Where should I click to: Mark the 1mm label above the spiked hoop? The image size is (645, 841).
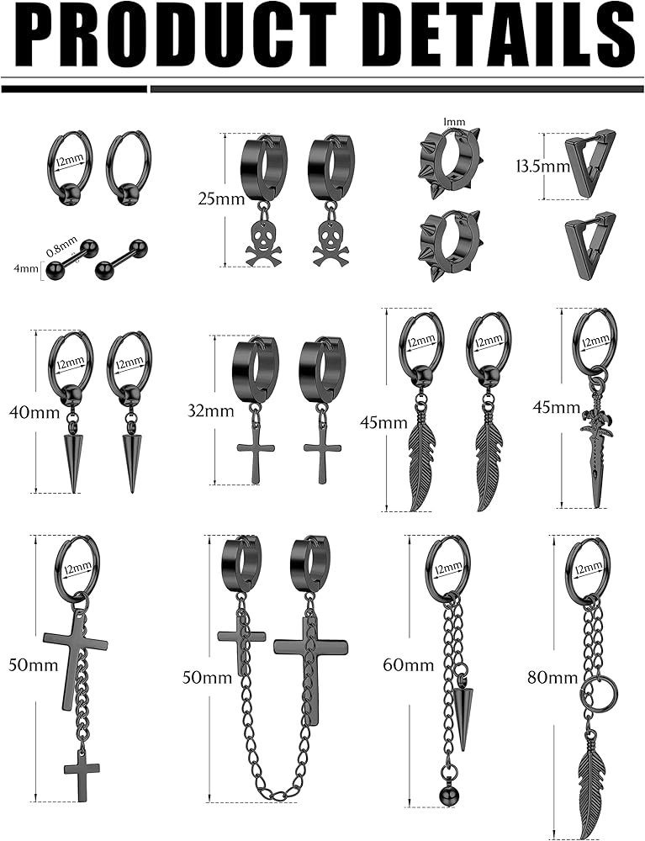tap(454, 122)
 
